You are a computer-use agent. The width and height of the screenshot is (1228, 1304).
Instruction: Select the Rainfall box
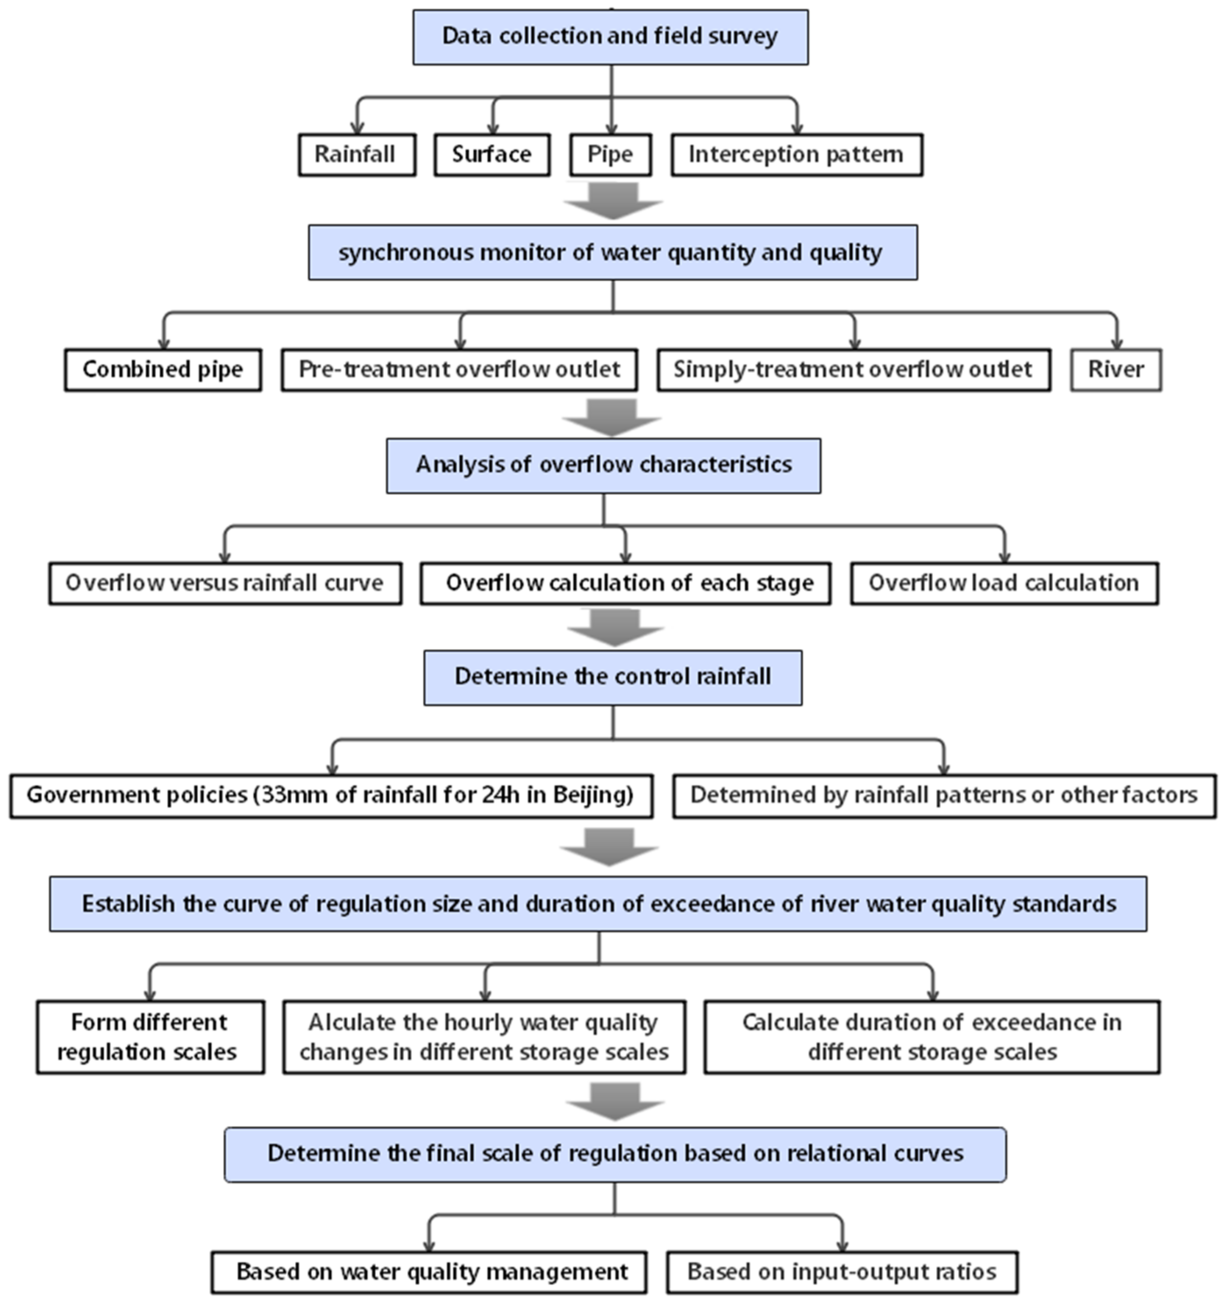pos(356,155)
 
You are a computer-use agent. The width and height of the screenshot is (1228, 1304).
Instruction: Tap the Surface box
pos(491,155)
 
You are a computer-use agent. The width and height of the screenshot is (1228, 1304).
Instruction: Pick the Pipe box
pos(610,155)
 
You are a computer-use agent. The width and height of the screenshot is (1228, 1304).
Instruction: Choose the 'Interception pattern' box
pos(796,155)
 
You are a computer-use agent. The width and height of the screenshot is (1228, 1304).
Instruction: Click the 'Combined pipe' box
pos(163,370)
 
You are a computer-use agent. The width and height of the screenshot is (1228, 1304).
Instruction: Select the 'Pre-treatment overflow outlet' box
pos(459,370)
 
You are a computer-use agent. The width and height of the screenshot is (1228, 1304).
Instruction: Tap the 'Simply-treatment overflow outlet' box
pos(853,370)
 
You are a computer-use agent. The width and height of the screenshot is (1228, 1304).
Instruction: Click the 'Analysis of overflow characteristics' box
pos(603,465)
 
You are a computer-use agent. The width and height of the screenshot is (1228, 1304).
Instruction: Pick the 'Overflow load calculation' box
pos(1003,583)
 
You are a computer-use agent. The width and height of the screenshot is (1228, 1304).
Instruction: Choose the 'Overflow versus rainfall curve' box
pos(225,583)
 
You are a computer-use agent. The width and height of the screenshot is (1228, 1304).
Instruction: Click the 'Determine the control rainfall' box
pos(612,677)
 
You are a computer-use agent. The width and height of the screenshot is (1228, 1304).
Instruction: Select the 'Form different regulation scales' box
pos(150,1037)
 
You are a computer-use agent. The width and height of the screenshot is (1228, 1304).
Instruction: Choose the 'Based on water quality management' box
pos(429,1272)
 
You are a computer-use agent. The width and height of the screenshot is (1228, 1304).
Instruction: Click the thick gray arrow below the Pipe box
pos(612,200)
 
